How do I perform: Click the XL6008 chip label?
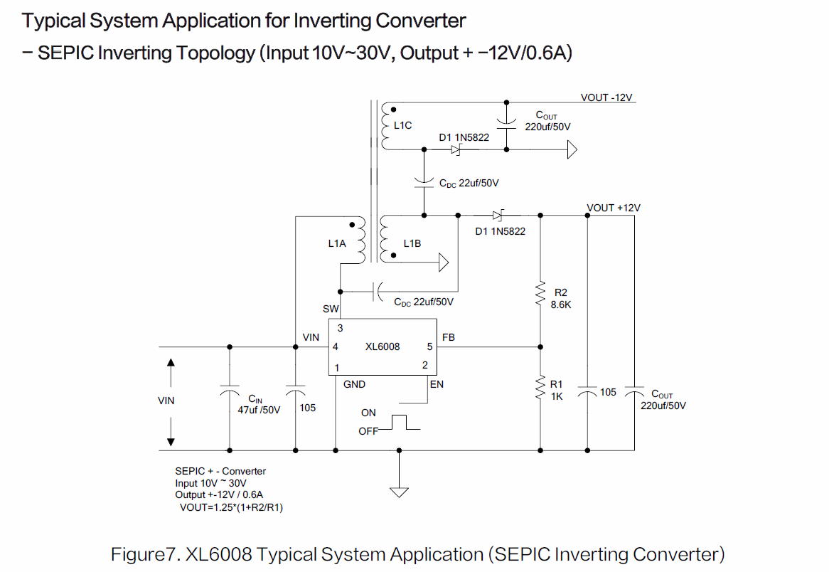tap(383, 346)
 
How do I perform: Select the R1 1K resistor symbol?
tap(540, 388)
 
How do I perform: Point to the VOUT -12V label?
tap(606, 97)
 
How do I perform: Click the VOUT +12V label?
tap(613, 208)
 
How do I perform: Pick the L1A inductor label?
tap(337, 243)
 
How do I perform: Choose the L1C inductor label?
tap(402, 125)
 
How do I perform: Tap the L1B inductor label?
tap(412, 243)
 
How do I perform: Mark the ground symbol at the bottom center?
tap(400, 491)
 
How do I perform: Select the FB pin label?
tap(449, 337)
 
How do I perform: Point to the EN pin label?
tap(437, 384)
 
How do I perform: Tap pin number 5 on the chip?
tap(429, 347)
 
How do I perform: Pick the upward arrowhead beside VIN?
tap(171, 363)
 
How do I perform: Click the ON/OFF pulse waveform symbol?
tap(400, 423)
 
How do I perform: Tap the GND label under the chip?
tap(354, 384)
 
